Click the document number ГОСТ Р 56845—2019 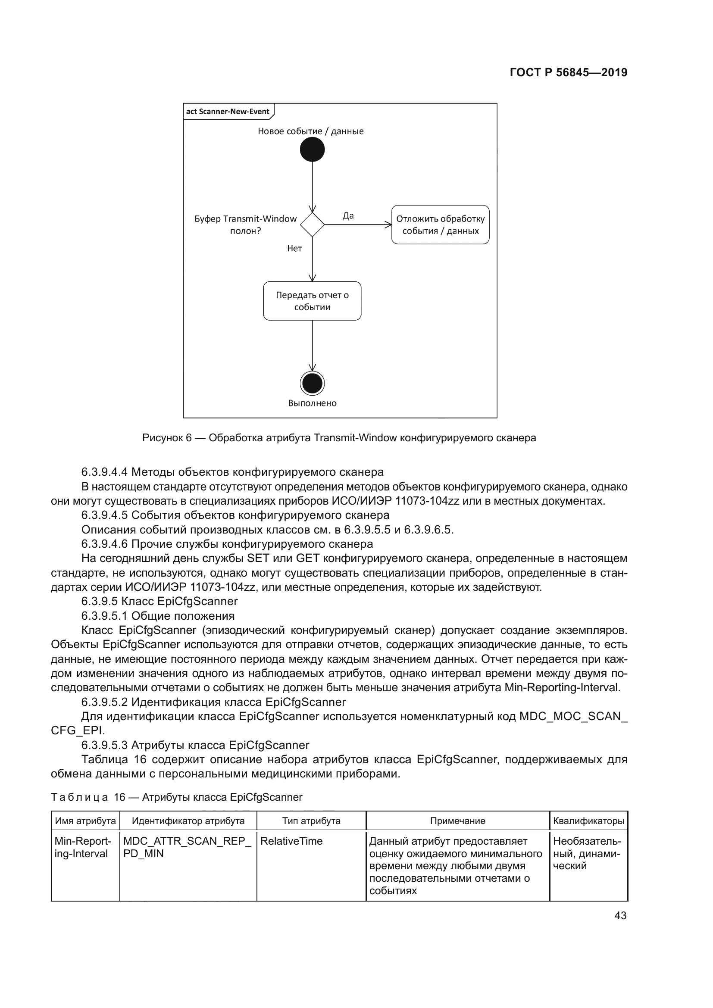569,72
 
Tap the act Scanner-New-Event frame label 228,111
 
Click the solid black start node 312,150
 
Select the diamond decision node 312,225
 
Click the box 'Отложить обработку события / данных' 441,225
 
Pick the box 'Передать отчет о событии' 312,301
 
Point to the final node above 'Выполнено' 312,384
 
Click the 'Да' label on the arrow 348,215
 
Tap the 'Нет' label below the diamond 294,249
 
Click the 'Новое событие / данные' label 311,131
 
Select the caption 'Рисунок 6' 167,438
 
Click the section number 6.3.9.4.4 104,472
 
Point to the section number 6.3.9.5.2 104,702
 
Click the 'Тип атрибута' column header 311,821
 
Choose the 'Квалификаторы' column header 589,821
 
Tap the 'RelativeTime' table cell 291,841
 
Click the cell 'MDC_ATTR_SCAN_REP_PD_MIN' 188,847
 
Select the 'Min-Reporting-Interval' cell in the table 83,847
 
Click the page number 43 620,916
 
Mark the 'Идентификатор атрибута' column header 188,821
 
